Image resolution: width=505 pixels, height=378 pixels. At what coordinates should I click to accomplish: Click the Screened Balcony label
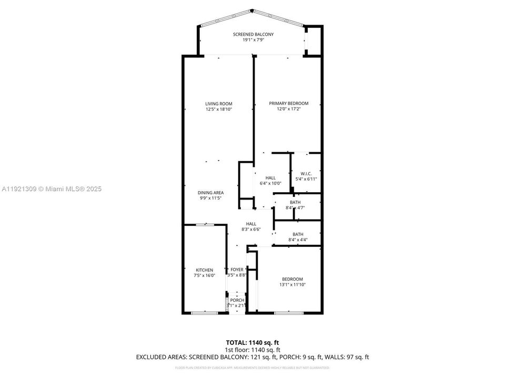253,34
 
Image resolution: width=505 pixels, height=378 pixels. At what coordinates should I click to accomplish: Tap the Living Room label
218,103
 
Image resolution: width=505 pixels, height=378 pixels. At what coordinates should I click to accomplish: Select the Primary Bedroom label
289,103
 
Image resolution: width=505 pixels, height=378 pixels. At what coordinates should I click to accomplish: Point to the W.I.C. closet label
306,173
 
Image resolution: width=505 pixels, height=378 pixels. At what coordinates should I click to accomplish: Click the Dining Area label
210,193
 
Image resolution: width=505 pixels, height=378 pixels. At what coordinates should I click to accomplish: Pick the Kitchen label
205,270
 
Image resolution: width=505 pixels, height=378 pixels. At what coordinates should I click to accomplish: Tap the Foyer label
237,269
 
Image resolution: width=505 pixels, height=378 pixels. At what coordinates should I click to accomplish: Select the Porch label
237,300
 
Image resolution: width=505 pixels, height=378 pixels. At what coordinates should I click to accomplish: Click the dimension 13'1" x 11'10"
292,285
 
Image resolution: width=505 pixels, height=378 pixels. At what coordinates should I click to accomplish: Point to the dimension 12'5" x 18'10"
218,109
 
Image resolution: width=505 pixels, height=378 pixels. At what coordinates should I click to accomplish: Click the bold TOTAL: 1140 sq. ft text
252,342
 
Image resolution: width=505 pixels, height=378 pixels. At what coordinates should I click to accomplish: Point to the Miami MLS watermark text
53,188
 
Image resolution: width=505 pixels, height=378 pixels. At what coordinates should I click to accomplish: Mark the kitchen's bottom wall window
204,313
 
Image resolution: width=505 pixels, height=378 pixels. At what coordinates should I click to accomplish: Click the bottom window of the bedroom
288,313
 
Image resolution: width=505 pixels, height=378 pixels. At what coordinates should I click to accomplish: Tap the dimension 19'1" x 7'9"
253,40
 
